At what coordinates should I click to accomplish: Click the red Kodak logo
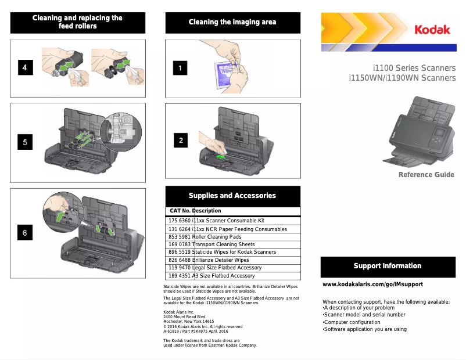tap(432, 30)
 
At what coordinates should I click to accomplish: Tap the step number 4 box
tap(25, 67)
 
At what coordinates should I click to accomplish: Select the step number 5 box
tap(25, 142)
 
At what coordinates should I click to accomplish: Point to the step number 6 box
tap(25, 233)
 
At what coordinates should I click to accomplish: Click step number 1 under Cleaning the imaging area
tap(180, 68)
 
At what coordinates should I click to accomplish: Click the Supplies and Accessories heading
tap(232, 196)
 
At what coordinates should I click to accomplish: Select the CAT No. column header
tap(180, 211)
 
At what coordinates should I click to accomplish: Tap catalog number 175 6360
tap(180, 221)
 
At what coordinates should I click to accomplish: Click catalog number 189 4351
tap(180, 276)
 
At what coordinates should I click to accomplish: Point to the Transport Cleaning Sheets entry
tap(224, 244)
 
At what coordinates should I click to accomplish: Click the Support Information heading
tap(388, 266)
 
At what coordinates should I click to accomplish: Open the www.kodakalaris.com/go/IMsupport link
tap(372, 285)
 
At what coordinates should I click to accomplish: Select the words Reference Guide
tap(426, 175)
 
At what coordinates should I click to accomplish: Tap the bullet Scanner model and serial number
tap(364, 315)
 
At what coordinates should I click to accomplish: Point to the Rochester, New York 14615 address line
tap(189, 321)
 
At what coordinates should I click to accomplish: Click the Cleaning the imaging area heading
tap(232, 22)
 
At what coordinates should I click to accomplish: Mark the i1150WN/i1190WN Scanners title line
tap(402, 78)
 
